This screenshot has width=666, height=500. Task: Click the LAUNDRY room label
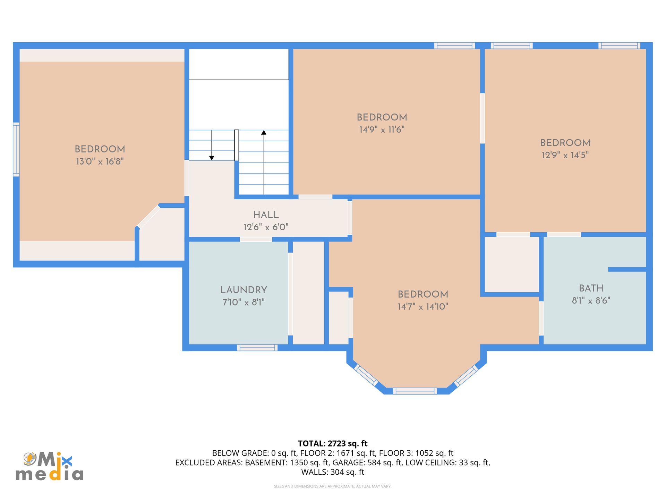244,290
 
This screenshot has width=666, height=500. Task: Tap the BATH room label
591,288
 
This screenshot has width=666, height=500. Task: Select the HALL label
266,215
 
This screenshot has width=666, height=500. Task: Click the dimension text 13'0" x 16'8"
100,161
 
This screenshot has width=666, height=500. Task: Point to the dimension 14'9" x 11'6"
382,130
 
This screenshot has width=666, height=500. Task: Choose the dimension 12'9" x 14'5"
565,155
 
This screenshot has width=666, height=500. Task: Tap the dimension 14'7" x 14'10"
423,307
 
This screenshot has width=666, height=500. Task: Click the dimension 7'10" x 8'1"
244,302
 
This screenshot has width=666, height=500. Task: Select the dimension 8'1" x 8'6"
591,301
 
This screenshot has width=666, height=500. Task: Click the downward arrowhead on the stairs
212,158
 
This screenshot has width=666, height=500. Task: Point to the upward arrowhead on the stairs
264,132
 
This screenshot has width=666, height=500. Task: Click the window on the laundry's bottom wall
257,348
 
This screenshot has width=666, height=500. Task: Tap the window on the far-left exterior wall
16,149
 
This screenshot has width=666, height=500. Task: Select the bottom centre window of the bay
415,391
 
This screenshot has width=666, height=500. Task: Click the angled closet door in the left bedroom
149,217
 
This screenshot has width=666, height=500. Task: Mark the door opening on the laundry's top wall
256,239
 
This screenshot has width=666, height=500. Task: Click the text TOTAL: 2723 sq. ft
333,443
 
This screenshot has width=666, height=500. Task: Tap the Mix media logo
49,466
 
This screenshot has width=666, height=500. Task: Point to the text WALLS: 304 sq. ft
333,472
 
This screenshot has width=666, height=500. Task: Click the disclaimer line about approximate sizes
333,486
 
